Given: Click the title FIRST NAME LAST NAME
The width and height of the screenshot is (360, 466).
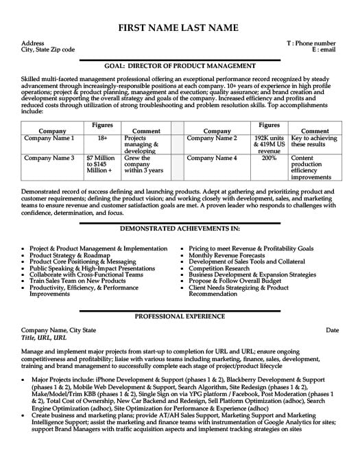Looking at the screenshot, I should [x=180, y=28].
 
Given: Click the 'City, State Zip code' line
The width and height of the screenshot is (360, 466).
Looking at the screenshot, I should [x=49, y=49].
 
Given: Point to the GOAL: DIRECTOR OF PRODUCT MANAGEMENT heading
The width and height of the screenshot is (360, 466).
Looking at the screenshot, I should [x=180, y=66].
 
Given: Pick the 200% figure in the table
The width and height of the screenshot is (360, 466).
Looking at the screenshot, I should [x=269, y=158].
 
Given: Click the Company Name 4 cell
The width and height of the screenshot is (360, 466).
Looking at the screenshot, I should [x=212, y=158].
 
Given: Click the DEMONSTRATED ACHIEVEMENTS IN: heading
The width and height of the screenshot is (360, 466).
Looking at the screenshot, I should [x=180, y=227].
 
